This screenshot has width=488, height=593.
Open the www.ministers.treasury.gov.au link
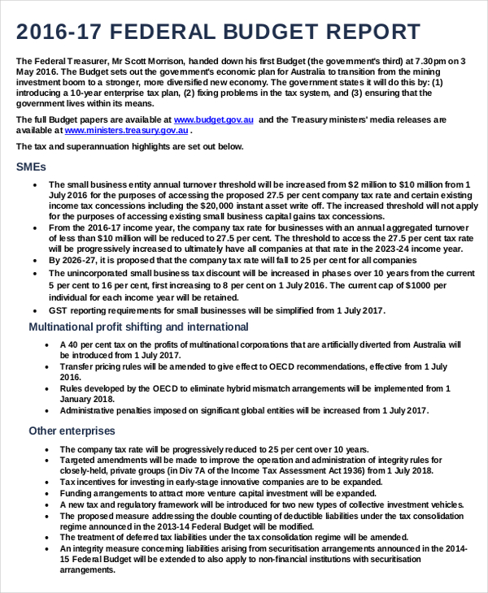pos(118,129)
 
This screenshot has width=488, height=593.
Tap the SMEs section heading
pos(31,167)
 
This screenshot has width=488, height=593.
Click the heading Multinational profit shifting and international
pos(138,327)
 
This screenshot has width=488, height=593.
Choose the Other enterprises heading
pos(72,431)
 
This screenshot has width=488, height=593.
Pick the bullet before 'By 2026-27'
pos(33,260)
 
